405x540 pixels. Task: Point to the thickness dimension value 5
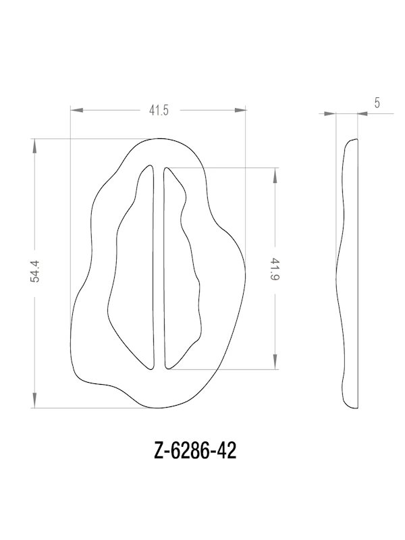pyautogui.click(x=376, y=103)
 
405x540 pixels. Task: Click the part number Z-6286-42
pyautogui.click(x=195, y=451)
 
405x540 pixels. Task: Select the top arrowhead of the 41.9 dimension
pyautogui.click(x=275, y=171)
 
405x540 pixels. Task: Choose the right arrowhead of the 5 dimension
pyautogui.click(x=362, y=115)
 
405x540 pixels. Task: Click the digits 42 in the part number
pyautogui.click(x=227, y=451)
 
